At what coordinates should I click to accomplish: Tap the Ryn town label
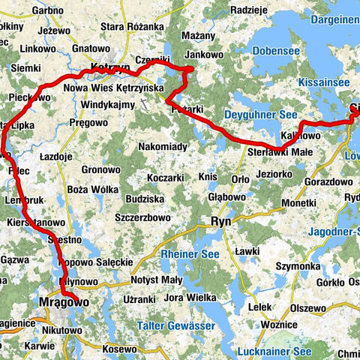pos(220,222)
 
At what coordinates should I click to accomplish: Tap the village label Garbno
pos(47,10)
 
